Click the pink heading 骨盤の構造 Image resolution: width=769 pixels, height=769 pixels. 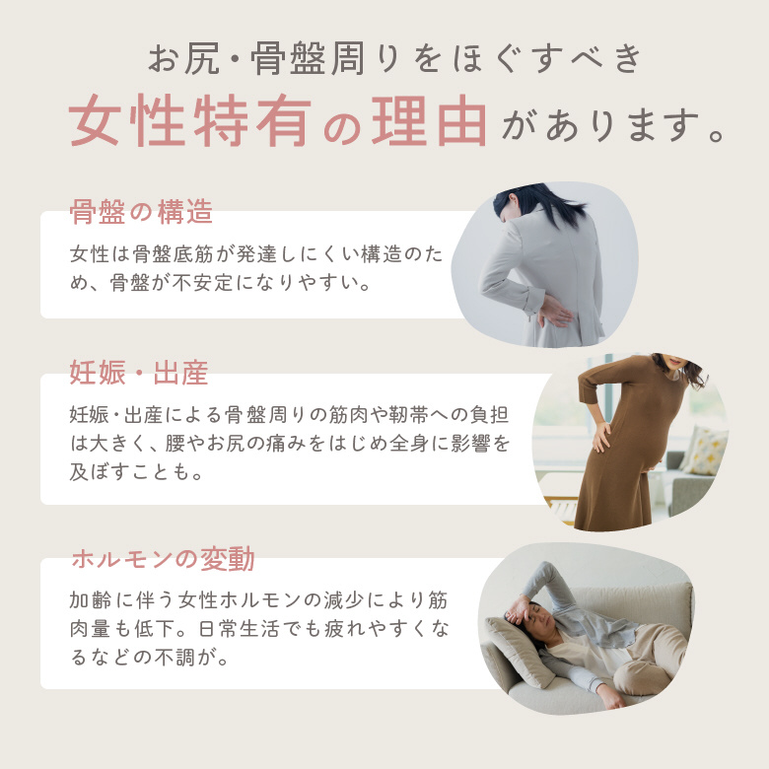click(x=141, y=212)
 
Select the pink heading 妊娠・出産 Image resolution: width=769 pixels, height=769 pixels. click(x=139, y=373)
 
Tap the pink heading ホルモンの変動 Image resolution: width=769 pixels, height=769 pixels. click(x=163, y=559)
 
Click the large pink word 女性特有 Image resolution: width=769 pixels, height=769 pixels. click(x=190, y=120)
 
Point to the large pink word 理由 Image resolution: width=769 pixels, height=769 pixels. click(x=429, y=120)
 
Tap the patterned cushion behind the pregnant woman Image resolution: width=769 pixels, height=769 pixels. click(x=705, y=451)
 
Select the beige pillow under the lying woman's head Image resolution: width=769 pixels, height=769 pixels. click(x=516, y=650)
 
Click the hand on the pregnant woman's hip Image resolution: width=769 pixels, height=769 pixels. click(x=601, y=437)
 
